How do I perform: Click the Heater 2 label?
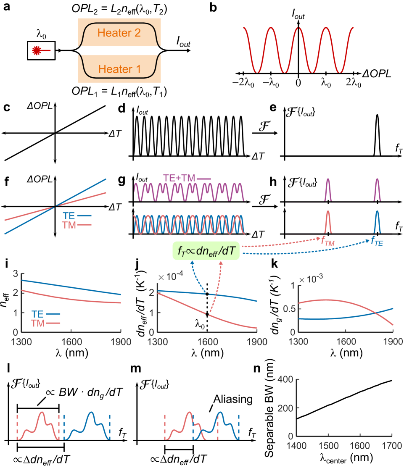pos(119,33)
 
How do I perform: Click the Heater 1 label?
pos(119,69)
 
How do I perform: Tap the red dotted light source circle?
pos(37,51)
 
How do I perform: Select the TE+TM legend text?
pos(180,178)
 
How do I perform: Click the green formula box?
pos(206,251)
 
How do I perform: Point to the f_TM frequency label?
pos(327,241)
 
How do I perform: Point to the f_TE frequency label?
pos(377,242)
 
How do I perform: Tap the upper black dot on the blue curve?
pos(207,294)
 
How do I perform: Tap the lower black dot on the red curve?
pos(207,314)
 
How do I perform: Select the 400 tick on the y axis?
pos(286,380)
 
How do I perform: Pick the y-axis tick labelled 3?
pos(16,274)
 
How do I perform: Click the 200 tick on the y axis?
pos(286,408)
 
